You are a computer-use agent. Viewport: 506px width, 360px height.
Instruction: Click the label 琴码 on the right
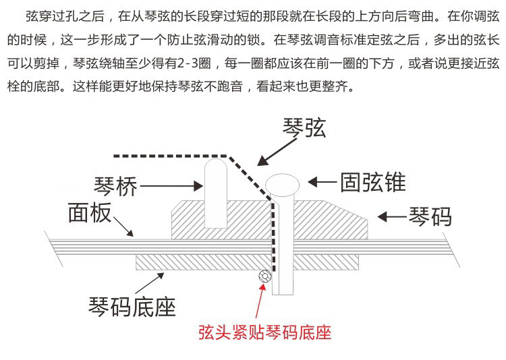click(x=430, y=217)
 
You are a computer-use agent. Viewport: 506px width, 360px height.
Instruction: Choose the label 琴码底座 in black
click(x=132, y=306)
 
